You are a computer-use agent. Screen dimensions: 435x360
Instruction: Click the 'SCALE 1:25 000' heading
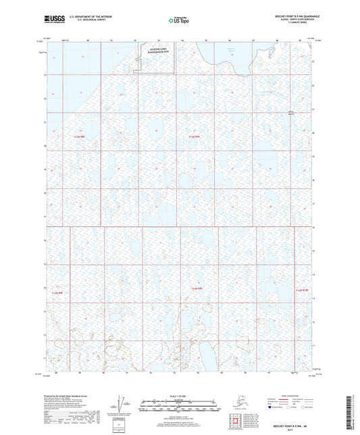pos(179,396)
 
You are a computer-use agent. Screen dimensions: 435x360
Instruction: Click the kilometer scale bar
pos(179,401)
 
